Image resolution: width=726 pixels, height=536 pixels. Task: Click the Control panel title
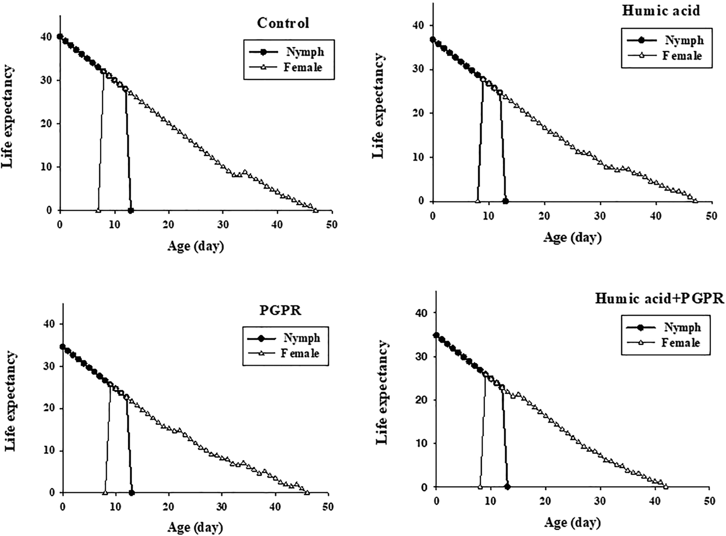pos(283,23)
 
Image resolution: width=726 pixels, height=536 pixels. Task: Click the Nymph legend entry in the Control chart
pos(304,52)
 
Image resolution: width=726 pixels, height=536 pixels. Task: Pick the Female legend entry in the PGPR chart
pos(300,353)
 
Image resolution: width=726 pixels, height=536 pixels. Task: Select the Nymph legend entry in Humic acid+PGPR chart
pos(682,327)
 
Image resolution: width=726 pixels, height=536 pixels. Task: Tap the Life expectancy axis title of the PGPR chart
pos(9,408)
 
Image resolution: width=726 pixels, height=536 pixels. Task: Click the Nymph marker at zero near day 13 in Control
pos(131,210)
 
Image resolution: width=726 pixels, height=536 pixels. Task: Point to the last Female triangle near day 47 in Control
pos(315,210)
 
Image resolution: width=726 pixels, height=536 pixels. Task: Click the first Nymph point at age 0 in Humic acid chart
pos(433,39)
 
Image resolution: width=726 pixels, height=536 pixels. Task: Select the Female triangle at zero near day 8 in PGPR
pos(105,492)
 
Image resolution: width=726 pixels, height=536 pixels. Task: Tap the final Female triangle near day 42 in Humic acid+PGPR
pos(665,487)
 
